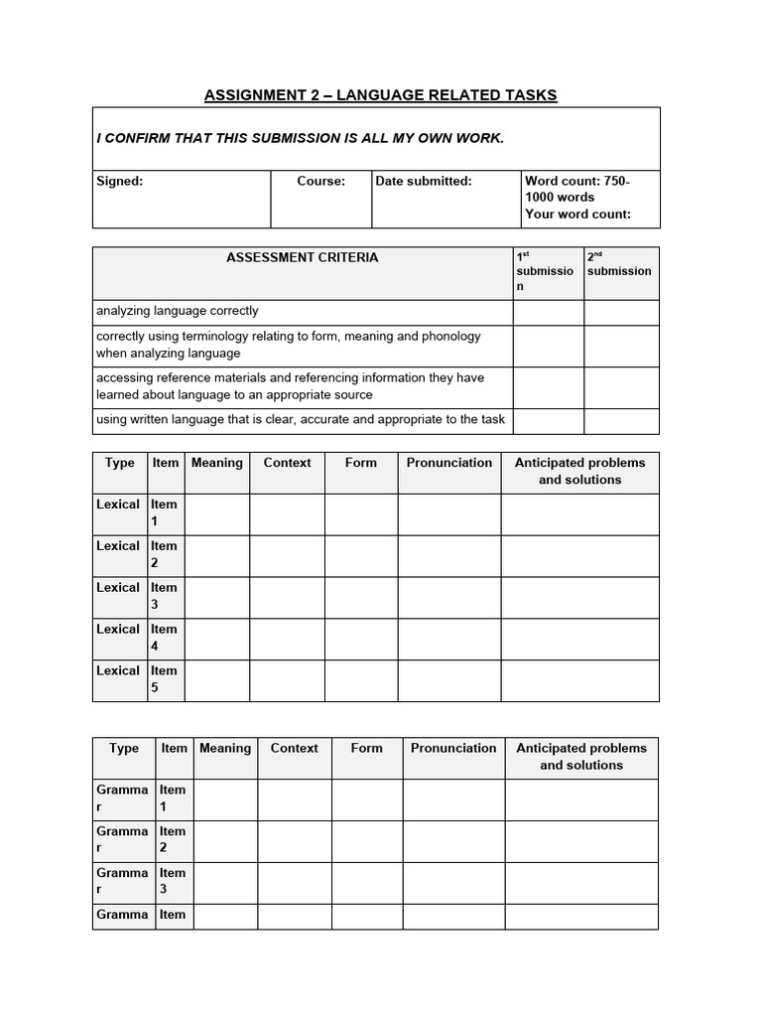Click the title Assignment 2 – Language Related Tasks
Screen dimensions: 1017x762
click(x=380, y=95)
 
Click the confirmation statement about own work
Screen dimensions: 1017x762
click(x=300, y=138)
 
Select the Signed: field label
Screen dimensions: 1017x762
click(x=119, y=181)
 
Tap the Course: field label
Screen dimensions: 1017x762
click(x=320, y=181)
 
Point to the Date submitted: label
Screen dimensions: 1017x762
click(x=424, y=181)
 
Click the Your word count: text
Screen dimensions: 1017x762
click(x=577, y=214)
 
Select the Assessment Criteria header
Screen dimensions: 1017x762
click(x=302, y=257)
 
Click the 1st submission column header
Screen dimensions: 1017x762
click(x=547, y=271)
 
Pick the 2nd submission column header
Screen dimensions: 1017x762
click(x=619, y=264)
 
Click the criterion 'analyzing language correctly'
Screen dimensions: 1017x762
click(x=178, y=311)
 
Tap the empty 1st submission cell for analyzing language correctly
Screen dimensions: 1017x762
click(x=548, y=312)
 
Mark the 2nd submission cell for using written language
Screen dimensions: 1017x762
click(x=621, y=421)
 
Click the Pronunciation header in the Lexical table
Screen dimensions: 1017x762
click(x=448, y=463)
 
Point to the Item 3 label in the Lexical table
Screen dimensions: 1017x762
click(x=165, y=596)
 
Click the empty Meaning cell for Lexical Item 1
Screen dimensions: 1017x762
click(x=216, y=513)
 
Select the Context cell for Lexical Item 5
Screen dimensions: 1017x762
click(x=287, y=680)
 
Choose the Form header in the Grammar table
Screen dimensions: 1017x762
click(x=366, y=749)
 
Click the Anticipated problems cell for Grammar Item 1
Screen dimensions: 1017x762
click(x=581, y=799)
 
